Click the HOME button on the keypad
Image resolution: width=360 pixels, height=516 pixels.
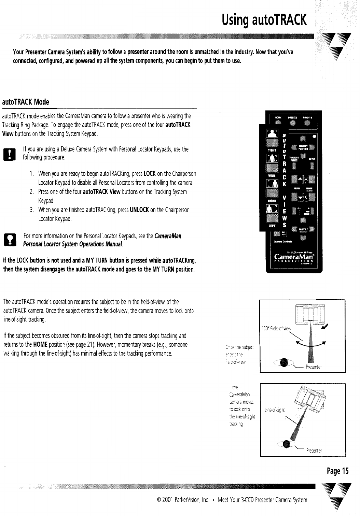(277, 123)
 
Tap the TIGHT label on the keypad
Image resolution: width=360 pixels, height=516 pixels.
(272, 149)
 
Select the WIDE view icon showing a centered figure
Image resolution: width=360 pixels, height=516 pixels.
(273, 158)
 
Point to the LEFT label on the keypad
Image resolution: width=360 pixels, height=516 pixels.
(272, 226)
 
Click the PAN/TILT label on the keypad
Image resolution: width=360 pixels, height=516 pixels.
(303, 229)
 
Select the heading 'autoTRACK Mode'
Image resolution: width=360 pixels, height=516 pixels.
(26, 102)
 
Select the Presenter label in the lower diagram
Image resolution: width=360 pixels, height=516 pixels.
(314, 450)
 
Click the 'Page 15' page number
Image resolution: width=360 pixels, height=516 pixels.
(337, 471)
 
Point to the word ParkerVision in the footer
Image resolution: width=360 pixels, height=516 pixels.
(183, 500)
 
